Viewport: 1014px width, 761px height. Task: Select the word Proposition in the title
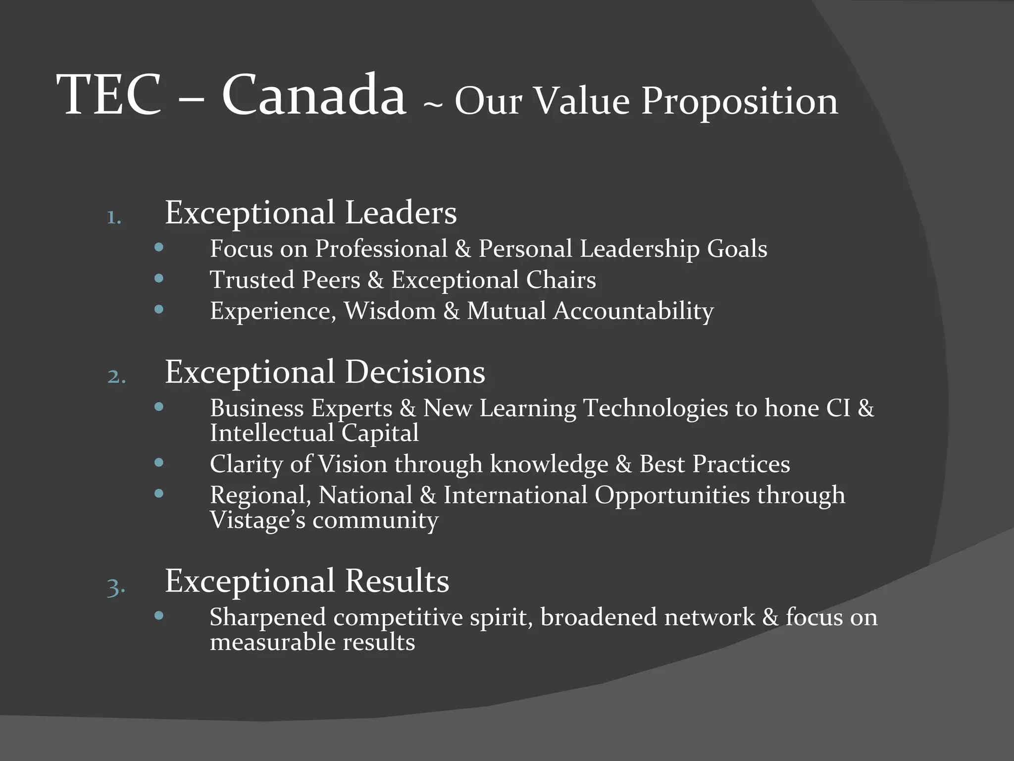[x=740, y=102]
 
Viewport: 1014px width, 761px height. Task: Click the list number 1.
[x=114, y=217]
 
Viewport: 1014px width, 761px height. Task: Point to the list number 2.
[x=116, y=377]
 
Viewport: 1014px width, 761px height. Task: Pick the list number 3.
[x=116, y=588]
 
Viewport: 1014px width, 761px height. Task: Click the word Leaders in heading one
[x=401, y=213]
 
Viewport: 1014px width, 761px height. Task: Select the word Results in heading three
[x=397, y=581]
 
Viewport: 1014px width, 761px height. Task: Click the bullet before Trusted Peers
[x=159, y=278]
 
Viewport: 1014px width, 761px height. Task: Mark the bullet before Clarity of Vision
[x=159, y=463]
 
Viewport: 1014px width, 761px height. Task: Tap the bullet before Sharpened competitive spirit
[x=159, y=616]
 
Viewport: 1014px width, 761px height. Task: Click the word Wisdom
[x=390, y=311]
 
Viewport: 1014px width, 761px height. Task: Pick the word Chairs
[x=561, y=280]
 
